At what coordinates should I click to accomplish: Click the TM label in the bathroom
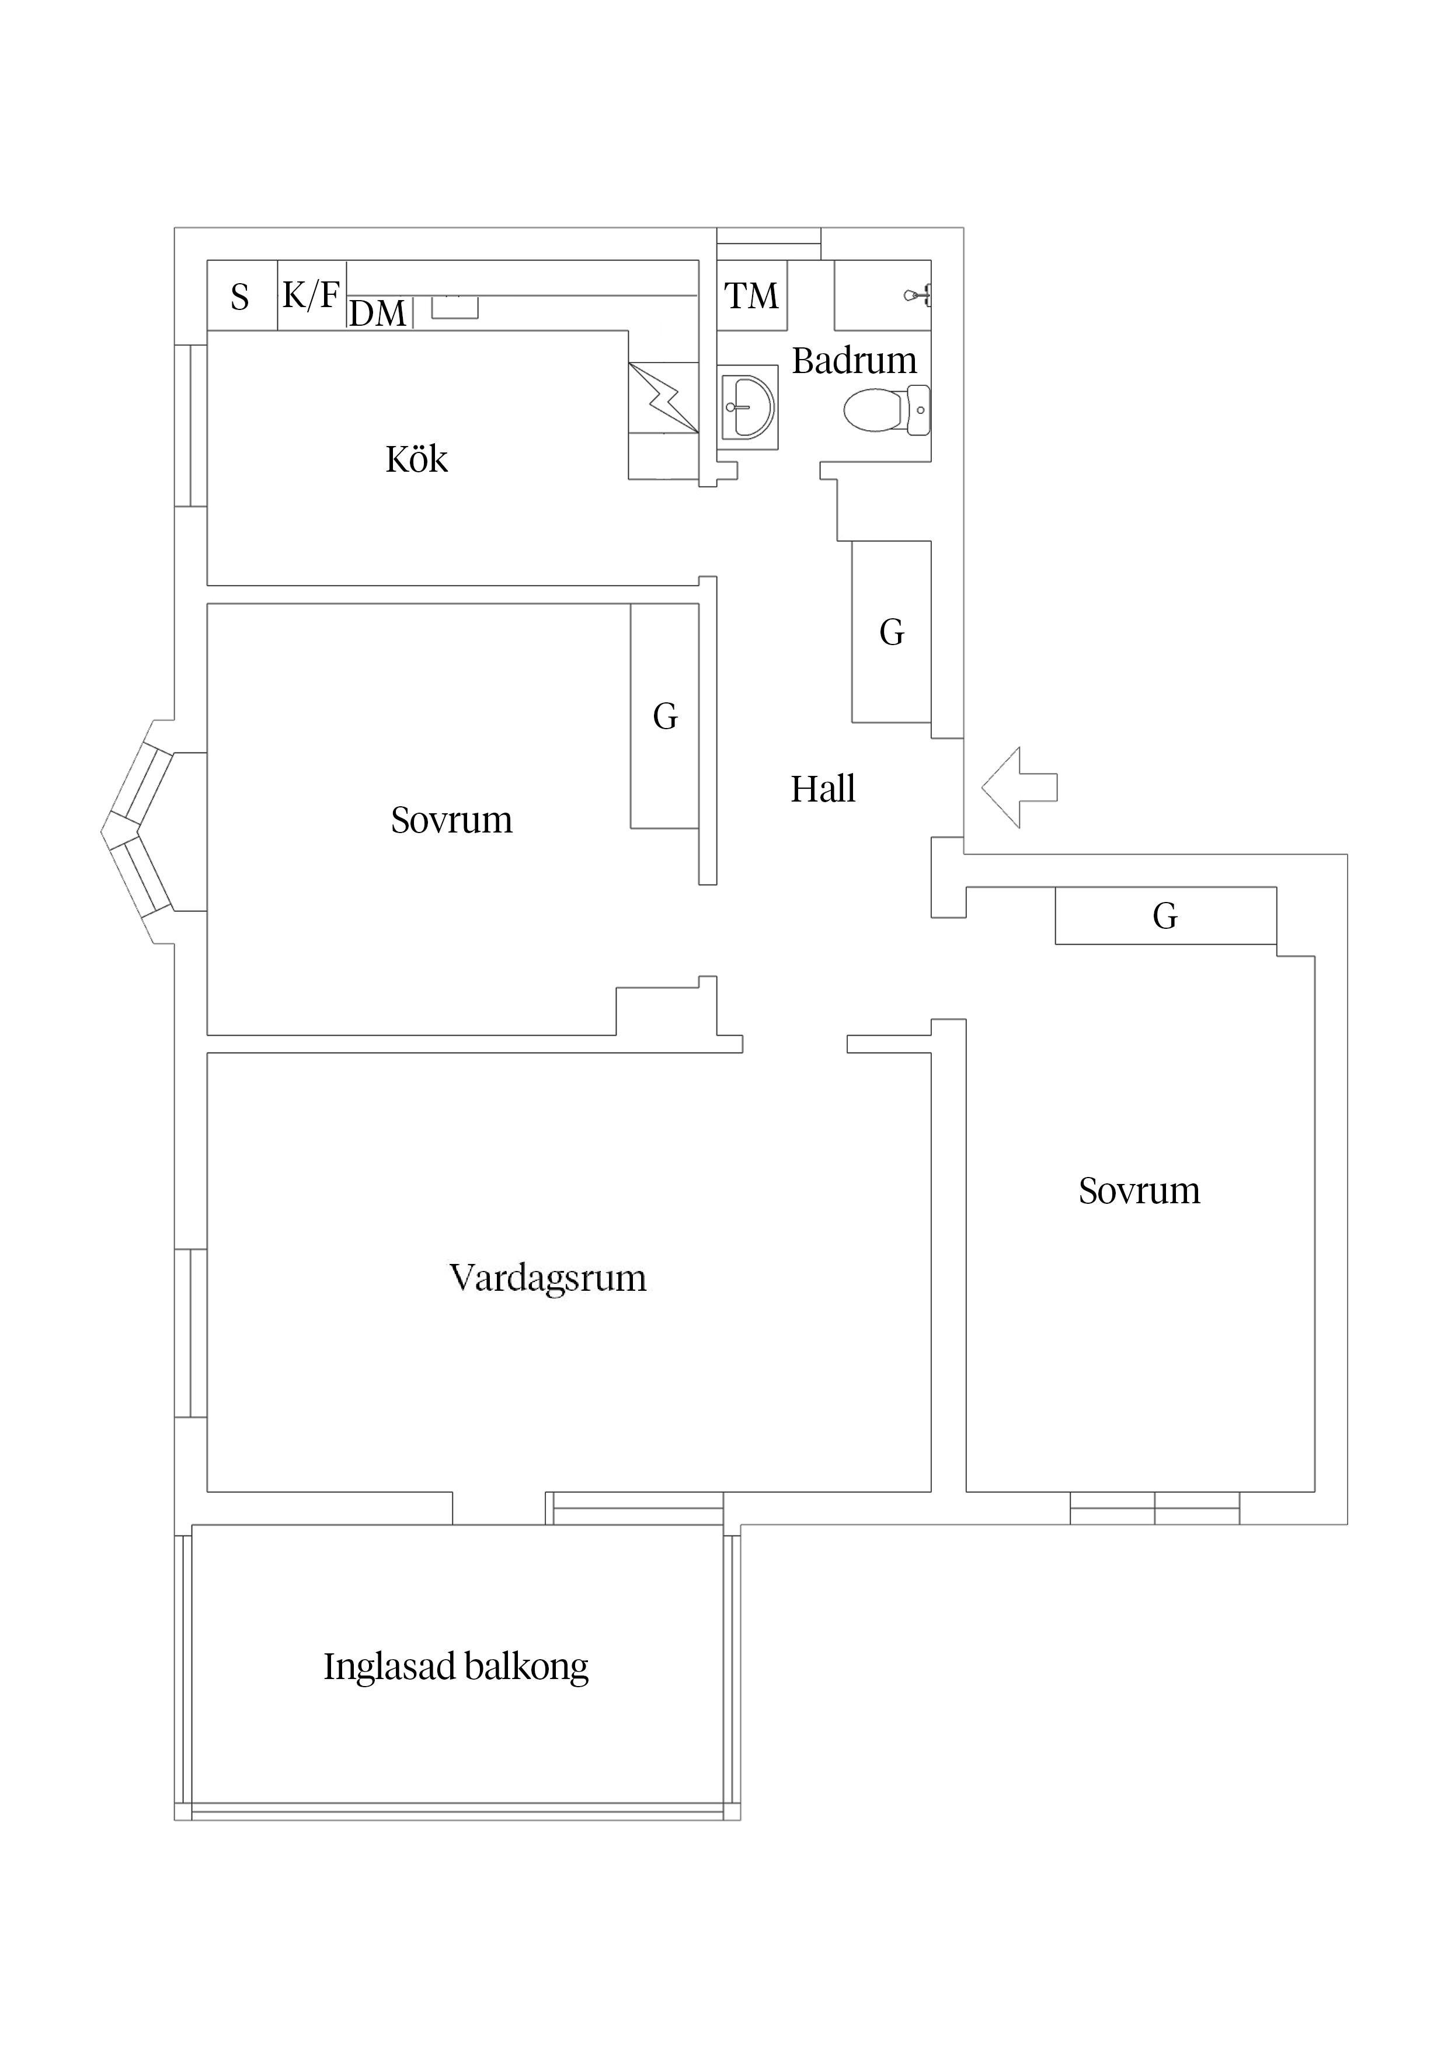click(751, 295)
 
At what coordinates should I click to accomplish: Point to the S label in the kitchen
click(239, 297)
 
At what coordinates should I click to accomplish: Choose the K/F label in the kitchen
click(311, 294)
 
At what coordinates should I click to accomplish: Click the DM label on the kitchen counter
click(377, 313)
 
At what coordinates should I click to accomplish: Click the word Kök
click(417, 459)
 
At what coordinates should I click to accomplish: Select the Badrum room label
click(854, 360)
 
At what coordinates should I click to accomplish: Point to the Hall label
click(823, 789)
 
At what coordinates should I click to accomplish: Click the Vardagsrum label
click(547, 1277)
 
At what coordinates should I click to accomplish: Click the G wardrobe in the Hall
click(892, 632)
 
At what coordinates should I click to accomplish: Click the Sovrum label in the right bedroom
click(1139, 1191)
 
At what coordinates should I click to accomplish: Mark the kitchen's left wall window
click(191, 426)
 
